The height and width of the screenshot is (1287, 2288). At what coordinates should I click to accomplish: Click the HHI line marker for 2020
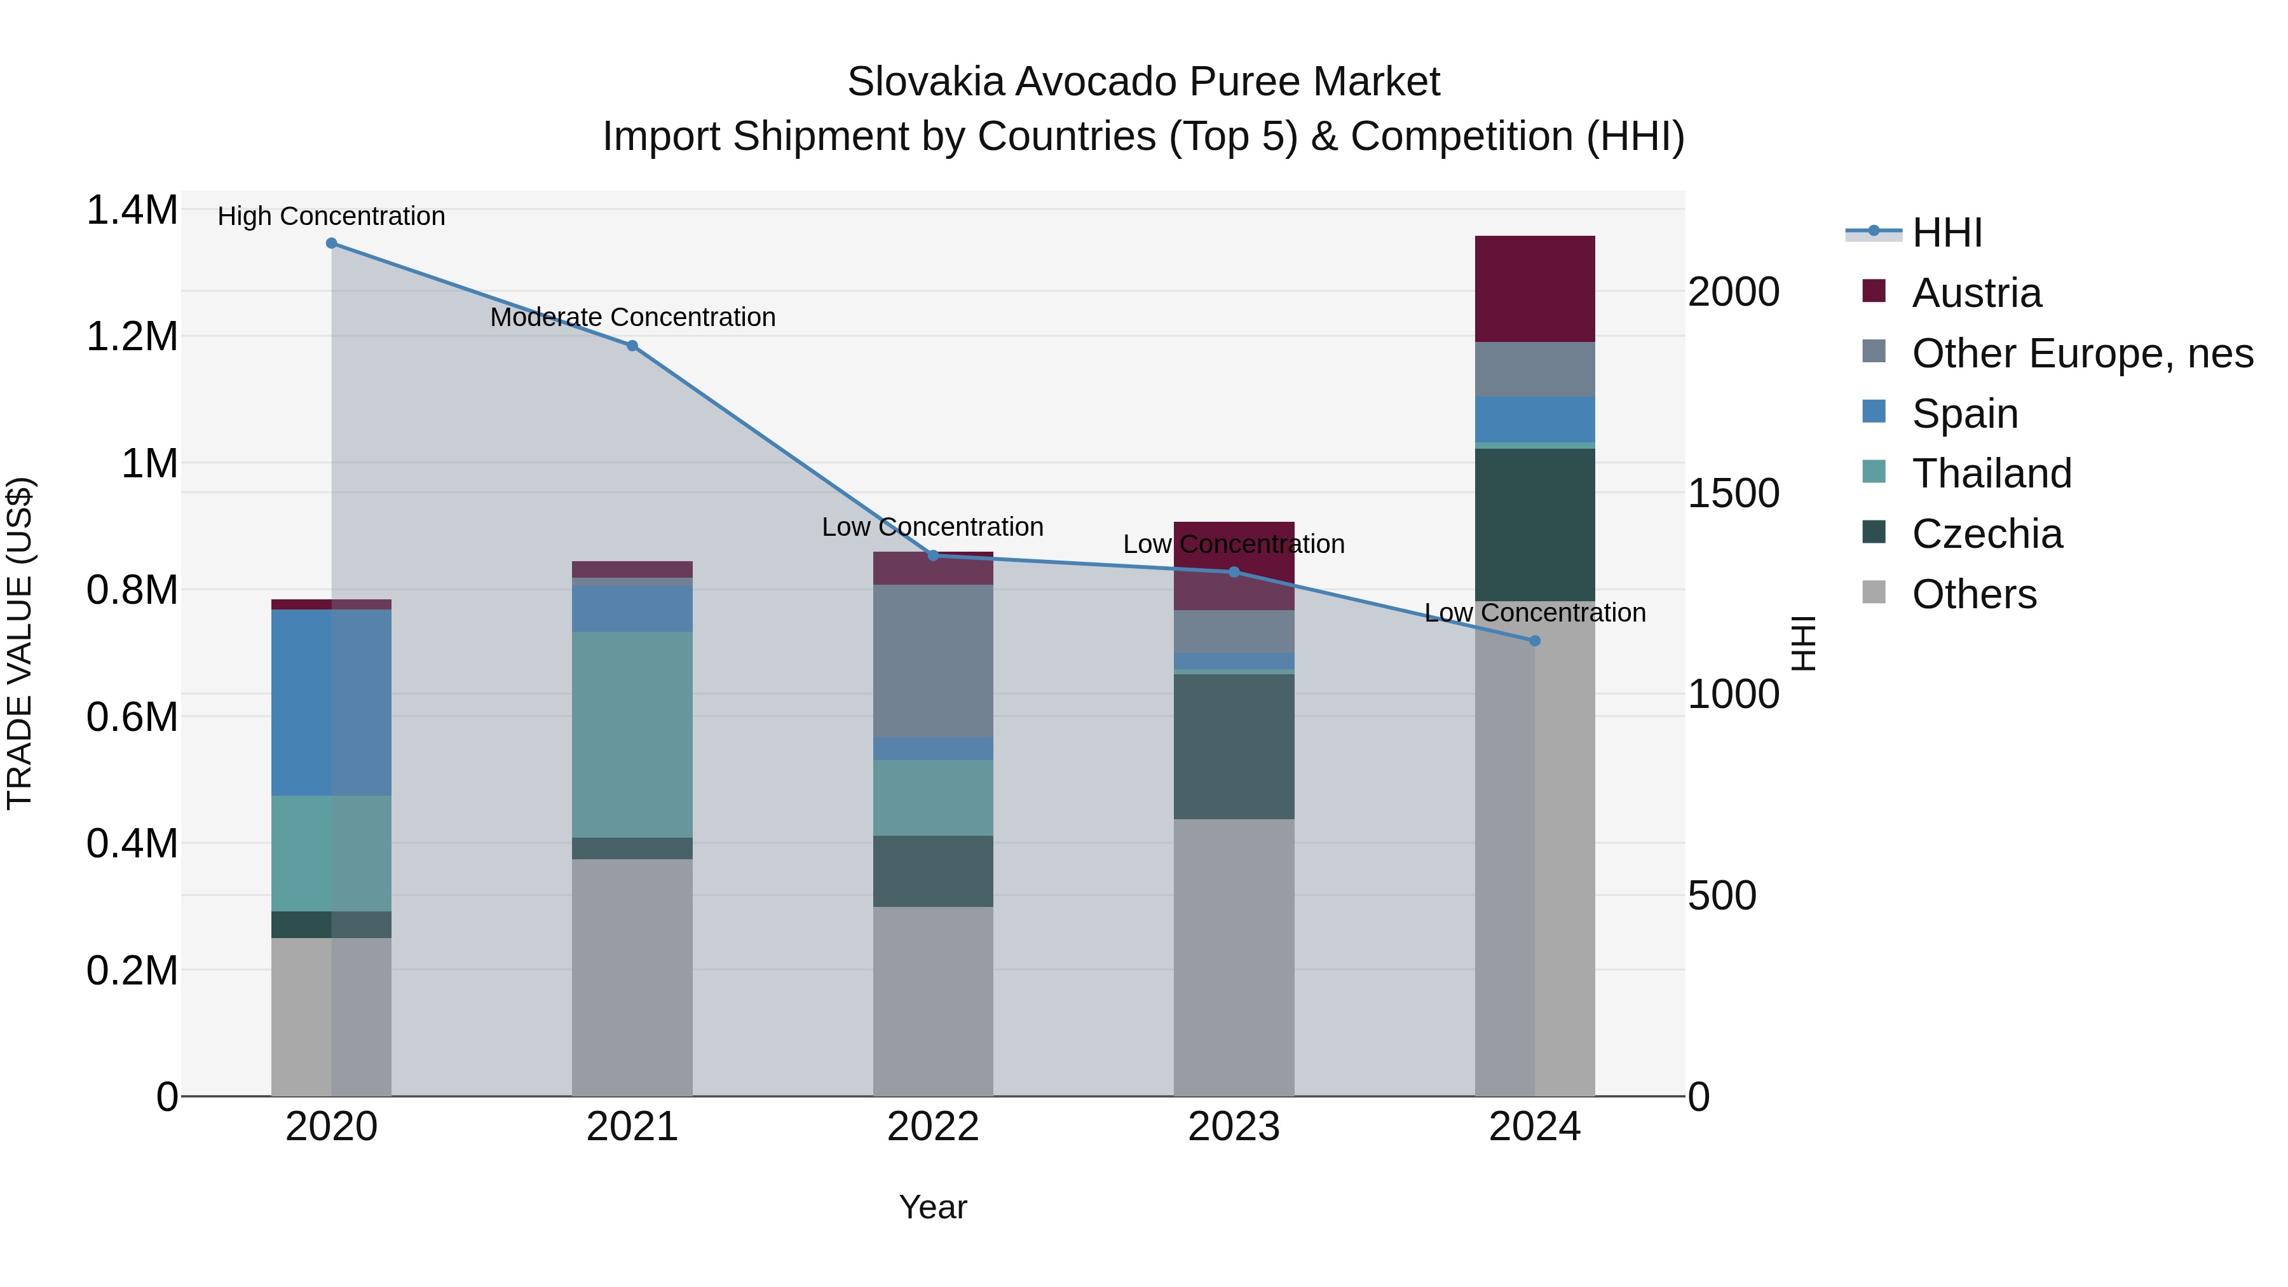331,243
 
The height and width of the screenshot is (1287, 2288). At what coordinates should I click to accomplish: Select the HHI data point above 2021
632,346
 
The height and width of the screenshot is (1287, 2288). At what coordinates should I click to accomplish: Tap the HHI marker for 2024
1535,641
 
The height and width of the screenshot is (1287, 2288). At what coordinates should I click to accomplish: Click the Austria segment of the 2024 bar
1535,289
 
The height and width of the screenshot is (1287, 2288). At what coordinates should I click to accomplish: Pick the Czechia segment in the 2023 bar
1234,746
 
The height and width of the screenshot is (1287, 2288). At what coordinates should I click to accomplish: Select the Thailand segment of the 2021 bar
632,735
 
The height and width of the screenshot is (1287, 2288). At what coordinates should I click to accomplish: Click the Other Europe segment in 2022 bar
932,661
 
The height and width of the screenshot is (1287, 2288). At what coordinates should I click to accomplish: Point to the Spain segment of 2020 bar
331,702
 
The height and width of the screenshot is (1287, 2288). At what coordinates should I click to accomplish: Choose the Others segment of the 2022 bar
932,1001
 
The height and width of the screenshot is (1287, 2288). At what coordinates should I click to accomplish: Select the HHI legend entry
1946,233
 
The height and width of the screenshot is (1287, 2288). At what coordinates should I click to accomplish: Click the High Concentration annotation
331,216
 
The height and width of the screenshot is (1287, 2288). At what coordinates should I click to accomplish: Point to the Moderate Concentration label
632,317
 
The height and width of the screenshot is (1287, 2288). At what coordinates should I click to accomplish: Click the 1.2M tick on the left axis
132,337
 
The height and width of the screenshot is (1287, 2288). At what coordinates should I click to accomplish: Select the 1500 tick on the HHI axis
1733,494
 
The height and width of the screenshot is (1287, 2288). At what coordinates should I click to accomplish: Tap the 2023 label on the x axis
1234,1127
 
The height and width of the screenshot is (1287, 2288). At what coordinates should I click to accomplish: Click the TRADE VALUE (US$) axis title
20,643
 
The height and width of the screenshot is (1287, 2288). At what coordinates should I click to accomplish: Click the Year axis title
932,1207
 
